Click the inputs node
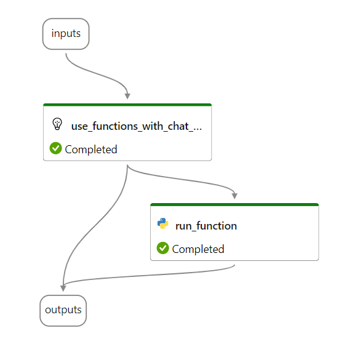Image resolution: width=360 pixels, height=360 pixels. click(66, 34)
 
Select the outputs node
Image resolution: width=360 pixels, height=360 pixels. click(63, 310)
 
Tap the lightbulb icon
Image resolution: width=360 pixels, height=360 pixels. click(57, 124)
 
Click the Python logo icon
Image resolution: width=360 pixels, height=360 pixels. click(163, 223)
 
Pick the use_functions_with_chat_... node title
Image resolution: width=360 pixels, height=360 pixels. click(137, 126)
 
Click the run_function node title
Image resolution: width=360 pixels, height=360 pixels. click(206, 226)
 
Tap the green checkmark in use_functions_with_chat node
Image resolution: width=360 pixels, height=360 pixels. click(55, 148)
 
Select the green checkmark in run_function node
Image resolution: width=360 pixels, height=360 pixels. click(163, 248)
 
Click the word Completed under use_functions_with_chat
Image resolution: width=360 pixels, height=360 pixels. click(91, 150)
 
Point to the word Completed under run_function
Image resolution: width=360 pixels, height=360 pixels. click(198, 249)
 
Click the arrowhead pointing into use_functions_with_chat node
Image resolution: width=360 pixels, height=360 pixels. click(127, 96)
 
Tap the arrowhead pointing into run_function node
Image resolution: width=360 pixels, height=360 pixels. click(234, 196)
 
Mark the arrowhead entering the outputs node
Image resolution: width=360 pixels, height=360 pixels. click(63, 289)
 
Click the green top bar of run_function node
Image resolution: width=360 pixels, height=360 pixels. click(234, 204)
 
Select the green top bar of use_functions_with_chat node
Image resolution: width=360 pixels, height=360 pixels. click(127, 105)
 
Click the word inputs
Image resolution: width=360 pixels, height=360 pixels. click(66, 33)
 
